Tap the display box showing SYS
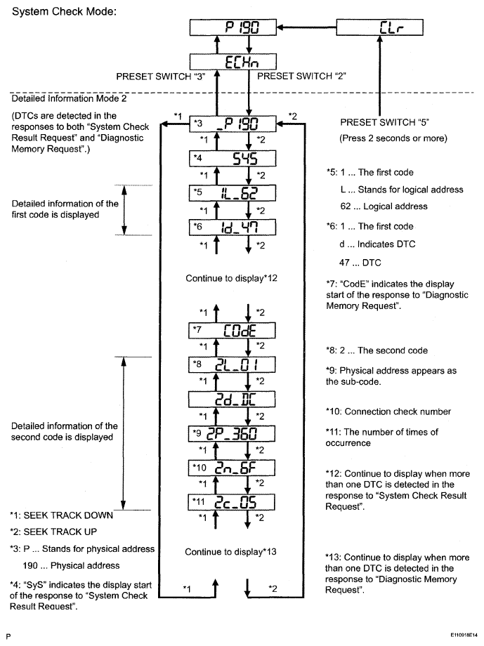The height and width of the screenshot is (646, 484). pos(235,158)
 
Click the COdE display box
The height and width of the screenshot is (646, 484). pos(235,331)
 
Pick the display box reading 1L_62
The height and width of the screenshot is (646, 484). pos(235,192)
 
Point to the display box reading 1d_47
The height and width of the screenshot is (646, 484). pos(235,228)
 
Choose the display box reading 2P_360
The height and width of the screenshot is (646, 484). pos(235,433)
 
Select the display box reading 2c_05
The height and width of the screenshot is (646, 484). pos(235,501)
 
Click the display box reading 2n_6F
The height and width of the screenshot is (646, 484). pos(235,467)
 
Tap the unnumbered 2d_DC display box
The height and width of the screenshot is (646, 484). pos(235,398)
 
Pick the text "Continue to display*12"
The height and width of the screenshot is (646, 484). pos(233,278)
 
